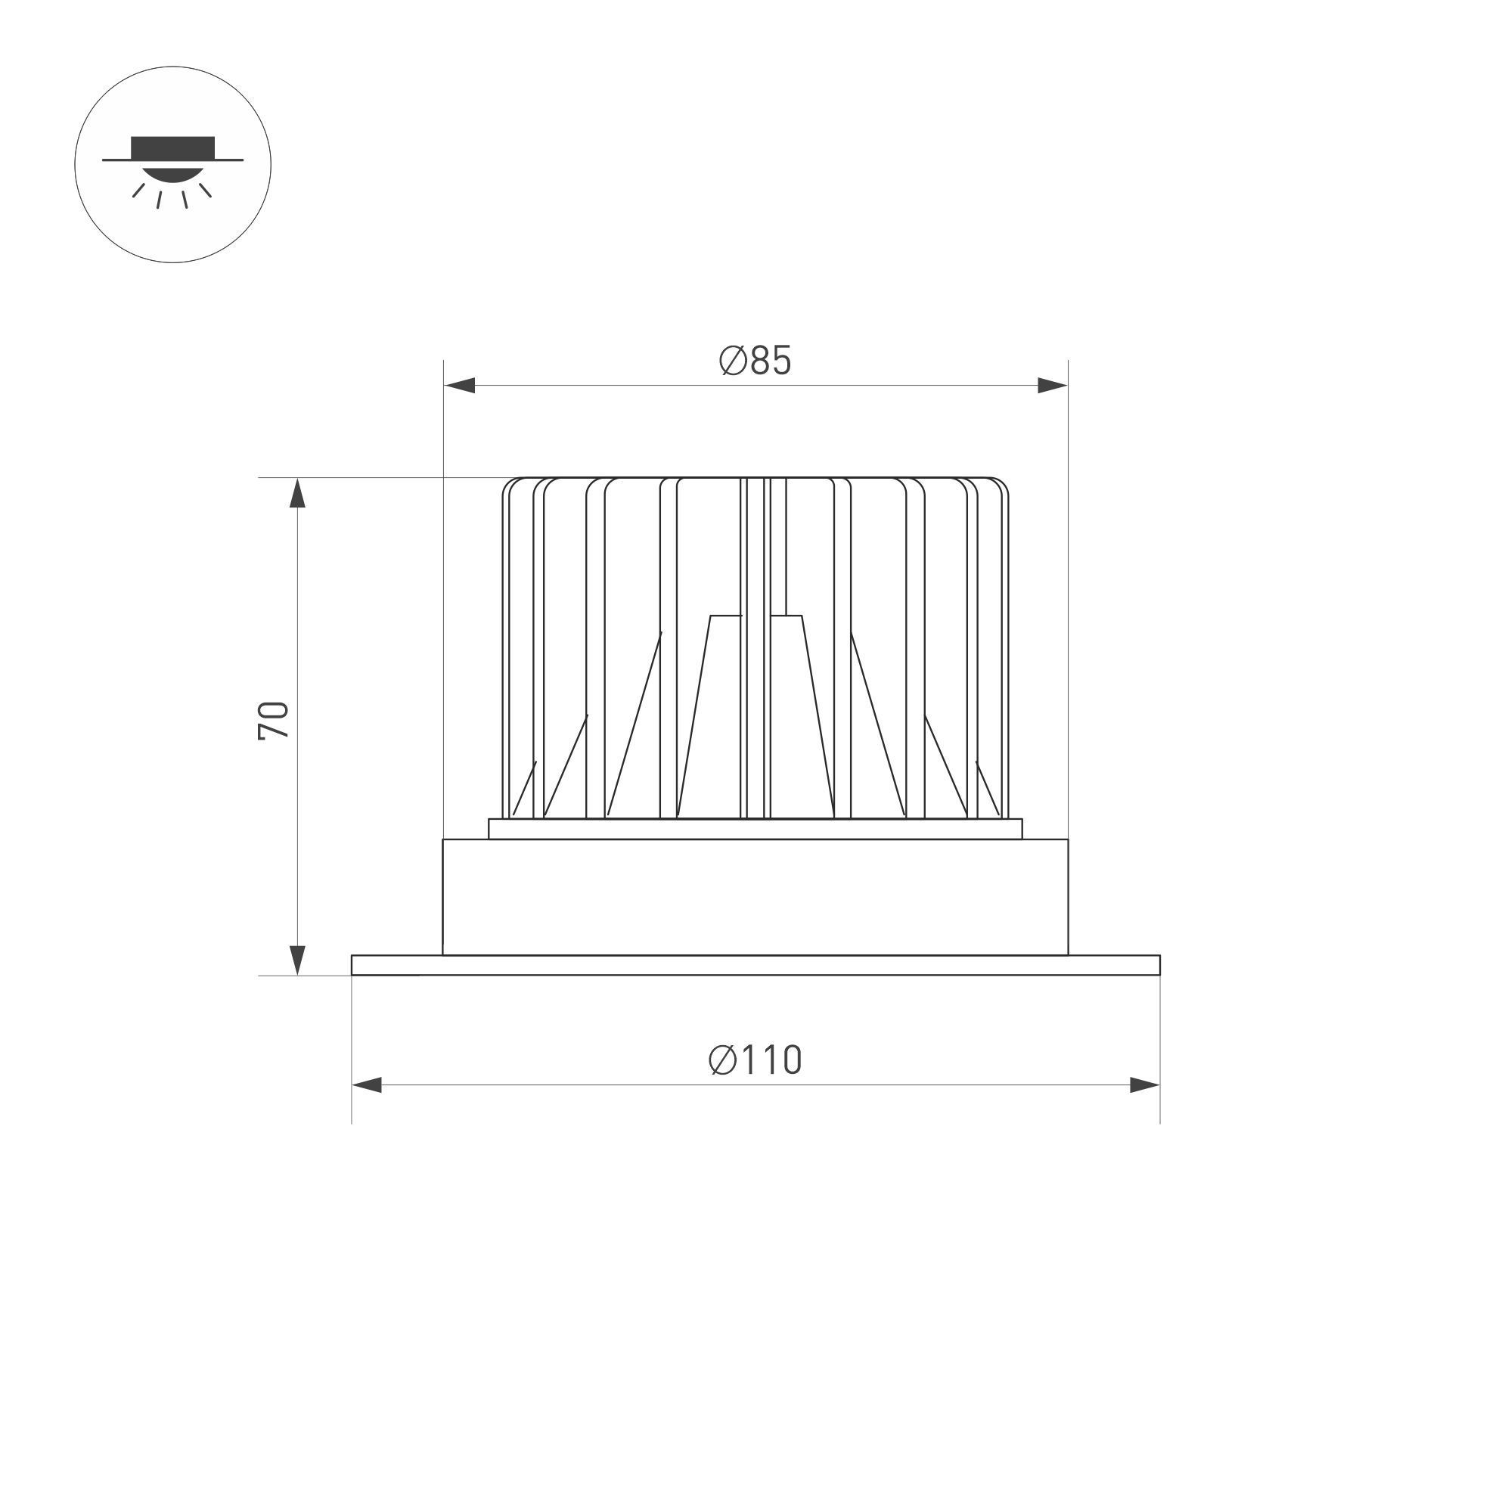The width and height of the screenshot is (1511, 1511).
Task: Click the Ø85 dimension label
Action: point(755,361)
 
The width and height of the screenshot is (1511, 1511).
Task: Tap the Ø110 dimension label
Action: point(755,1060)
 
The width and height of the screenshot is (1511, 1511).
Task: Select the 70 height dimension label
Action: point(274,720)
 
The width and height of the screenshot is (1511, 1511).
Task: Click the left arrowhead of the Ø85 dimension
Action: point(460,385)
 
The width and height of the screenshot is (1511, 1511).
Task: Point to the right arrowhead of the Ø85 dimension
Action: point(1051,385)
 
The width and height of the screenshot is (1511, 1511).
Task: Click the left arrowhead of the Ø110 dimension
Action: point(368,1084)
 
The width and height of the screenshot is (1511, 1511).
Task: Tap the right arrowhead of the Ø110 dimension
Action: point(1143,1084)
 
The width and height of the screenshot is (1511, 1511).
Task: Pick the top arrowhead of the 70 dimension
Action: point(297,495)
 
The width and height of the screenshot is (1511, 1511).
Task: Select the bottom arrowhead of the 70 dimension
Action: point(297,959)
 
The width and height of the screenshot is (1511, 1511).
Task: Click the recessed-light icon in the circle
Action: point(173,164)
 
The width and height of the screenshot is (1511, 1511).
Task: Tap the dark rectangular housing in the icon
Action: point(173,147)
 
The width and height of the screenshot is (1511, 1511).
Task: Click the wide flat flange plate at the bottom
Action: point(755,965)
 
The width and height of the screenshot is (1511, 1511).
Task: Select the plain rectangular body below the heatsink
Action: point(755,897)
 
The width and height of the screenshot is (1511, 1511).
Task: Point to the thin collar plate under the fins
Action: point(755,829)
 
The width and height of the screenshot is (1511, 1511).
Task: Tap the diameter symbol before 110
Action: point(723,1060)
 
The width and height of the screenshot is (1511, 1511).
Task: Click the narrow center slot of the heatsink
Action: point(755,649)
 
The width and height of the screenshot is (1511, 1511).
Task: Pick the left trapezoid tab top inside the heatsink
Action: point(726,616)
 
